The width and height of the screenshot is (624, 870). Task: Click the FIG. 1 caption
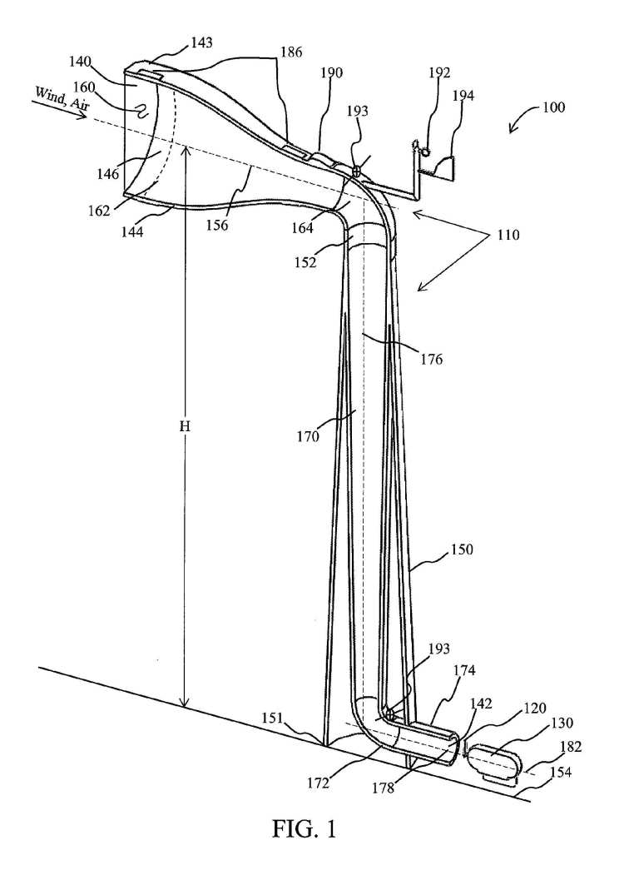[304, 828]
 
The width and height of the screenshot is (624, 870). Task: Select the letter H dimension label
[186, 426]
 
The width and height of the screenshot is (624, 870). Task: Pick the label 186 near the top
[290, 52]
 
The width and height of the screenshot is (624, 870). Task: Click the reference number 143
[201, 42]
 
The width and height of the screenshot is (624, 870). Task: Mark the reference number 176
[430, 359]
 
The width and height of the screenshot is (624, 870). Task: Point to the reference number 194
[463, 96]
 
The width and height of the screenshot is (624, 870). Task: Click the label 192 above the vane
[439, 72]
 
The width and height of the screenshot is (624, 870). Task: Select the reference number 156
[217, 225]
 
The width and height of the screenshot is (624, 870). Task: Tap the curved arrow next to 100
[518, 123]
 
